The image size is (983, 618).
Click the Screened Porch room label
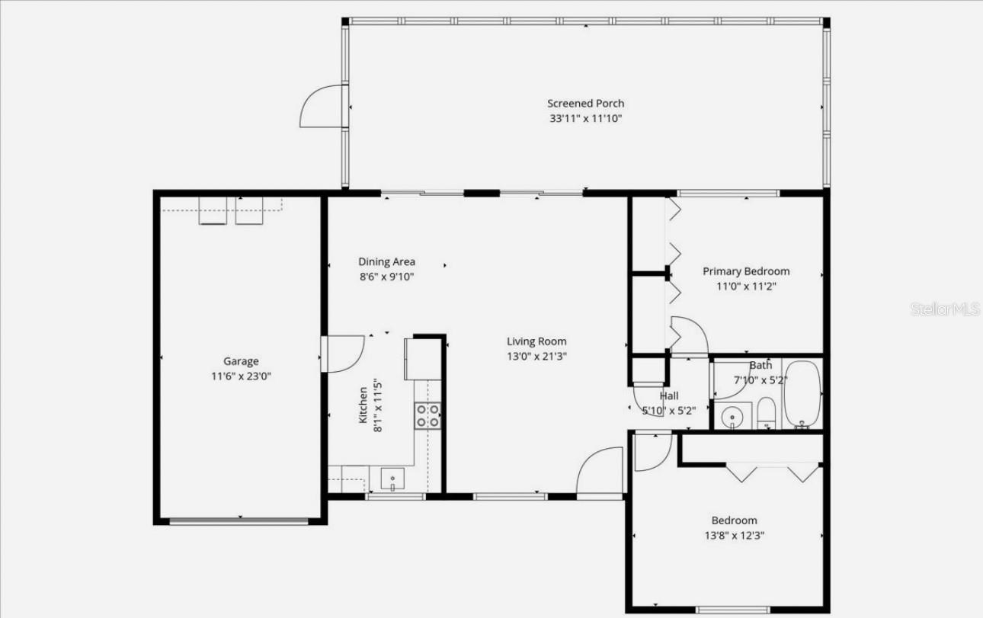pyautogui.click(x=585, y=104)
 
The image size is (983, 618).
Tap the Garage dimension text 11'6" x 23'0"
pyautogui.click(x=241, y=376)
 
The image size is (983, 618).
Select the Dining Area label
pyautogui.click(x=387, y=262)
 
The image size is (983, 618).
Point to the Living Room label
pyautogui.click(x=537, y=341)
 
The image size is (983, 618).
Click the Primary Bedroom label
pyautogui.click(x=746, y=271)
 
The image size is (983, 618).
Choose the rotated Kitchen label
pyautogui.click(x=363, y=405)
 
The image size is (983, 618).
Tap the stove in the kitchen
pyautogui.click(x=427, y=415)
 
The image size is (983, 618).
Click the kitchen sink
pyautogui.click(x=393, y=479)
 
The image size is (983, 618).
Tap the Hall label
pyautogui.click(x=669, y=396)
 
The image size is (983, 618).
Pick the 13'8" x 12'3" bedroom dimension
pyautogui.click(x=735, y=536)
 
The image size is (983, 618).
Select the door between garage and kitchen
pyautogui.click(x=343, y=352)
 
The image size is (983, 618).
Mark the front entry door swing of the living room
pyautogui.click(x=600, y=472)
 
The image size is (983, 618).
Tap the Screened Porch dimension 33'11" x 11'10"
pyautogui.click(x=585, y=119)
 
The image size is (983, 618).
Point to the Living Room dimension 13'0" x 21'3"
pyautogui.click(x=537, y=356)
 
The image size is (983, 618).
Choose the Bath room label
pyautogui.click(x=760, y=366)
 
